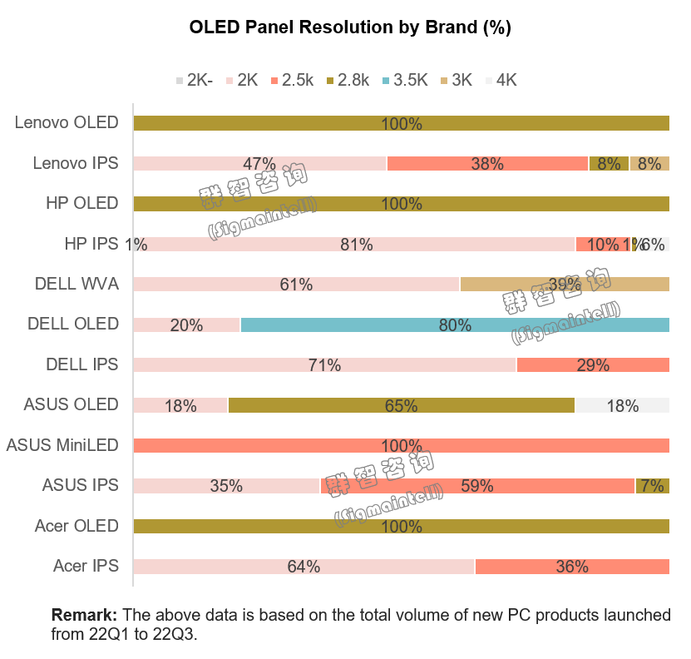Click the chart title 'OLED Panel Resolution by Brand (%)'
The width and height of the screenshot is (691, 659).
click(350, 27)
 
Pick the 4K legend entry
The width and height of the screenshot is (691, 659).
click(501, 80)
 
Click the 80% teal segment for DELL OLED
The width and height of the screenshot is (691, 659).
click(455, 325)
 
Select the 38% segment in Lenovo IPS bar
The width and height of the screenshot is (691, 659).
click(487, 163)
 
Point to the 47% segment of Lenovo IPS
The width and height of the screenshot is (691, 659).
click(259, 163)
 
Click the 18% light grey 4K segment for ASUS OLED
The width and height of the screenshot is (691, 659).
click(622, 405)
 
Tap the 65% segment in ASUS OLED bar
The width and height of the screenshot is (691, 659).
click(401, 405)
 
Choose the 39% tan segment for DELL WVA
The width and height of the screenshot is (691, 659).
click(565, 284)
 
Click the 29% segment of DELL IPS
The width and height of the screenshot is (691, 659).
click(593, 364)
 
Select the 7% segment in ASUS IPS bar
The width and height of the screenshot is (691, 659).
click(652, 486)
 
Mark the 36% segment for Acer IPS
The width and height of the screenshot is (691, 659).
click(571, 567)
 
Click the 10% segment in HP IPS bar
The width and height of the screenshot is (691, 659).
click(602, 244)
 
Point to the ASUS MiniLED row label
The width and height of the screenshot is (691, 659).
click(62, 445)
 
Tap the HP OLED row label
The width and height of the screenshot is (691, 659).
click(81, 203)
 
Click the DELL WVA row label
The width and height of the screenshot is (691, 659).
click(77, 284)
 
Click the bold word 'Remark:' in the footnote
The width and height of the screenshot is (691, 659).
click(84, 616)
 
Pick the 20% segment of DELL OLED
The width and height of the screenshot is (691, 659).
click(186, 325)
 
